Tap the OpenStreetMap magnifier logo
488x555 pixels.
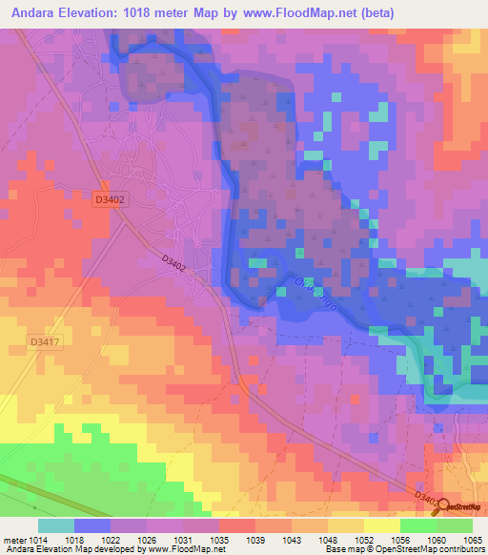[x=442, y=508]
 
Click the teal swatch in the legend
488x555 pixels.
[x=56, y=526]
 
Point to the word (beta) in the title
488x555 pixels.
[x=373, y=10]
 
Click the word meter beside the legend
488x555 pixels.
[x=14, y=540]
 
